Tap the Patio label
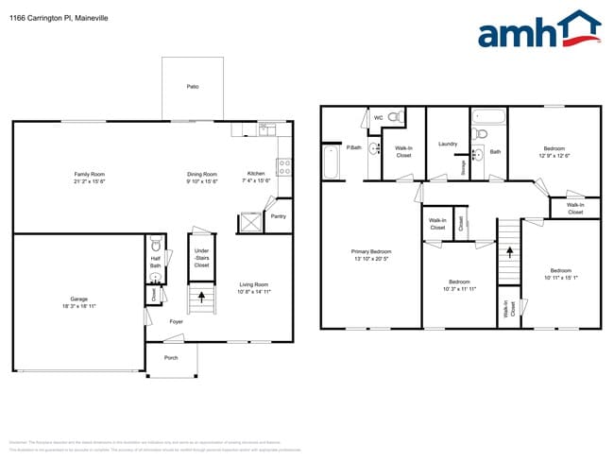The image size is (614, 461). [193, 86]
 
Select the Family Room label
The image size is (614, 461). [90, 178]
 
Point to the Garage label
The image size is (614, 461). [78, 301]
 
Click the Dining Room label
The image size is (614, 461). [202, 178]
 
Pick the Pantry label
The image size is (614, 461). [278, 216]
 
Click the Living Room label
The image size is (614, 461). [253, 288]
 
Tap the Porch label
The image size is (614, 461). [171, 358]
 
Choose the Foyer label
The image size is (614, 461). [176, 322]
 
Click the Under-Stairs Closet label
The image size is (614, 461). [201, 258]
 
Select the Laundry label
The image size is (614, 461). [448, 144]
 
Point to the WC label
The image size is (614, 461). [379, 118]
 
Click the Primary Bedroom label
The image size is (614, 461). [371, 255]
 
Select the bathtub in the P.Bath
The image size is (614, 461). [330, 162]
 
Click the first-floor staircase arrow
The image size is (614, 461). [201, 300]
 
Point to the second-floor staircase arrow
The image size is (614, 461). [509, 250]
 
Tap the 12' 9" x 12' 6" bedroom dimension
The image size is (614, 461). [554, 155]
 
